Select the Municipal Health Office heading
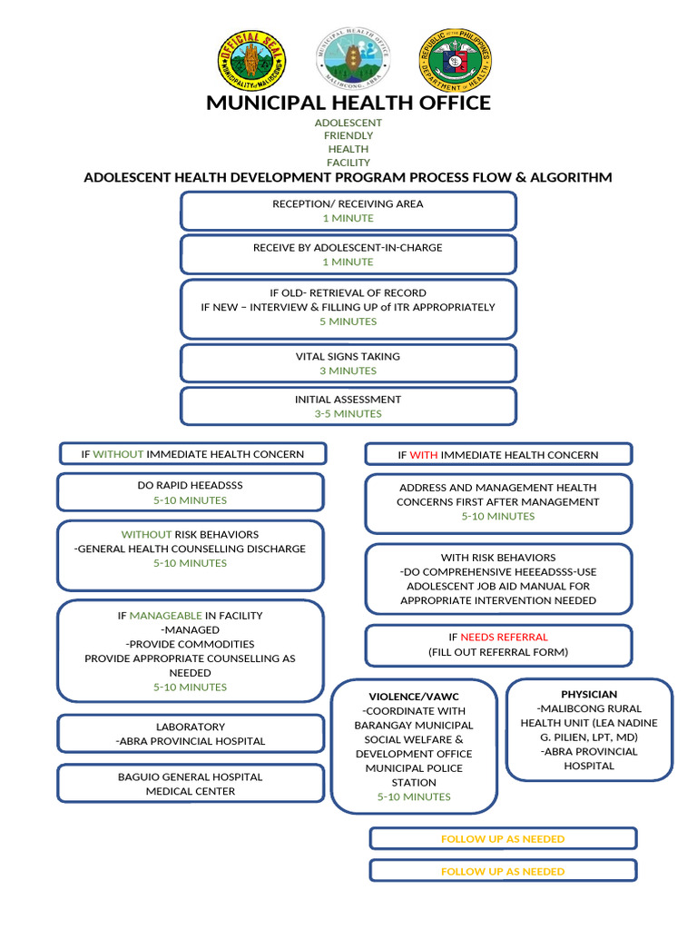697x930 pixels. coord(348,103)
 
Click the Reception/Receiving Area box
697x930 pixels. coord(348,211)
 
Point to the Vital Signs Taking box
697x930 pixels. coord(348,362)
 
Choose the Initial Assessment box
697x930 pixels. coord(348,406)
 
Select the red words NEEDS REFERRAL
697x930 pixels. coord(504,638)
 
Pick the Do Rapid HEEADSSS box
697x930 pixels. coord(191,492)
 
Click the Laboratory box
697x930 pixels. coord(191,734)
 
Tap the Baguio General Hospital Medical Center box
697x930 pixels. coord(191,784)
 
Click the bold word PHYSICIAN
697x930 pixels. coord(589,695)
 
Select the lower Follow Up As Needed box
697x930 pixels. coord(503,871)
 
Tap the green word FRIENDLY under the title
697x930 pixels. coord(348,136)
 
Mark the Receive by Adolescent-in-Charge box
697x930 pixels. coord(348,254)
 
